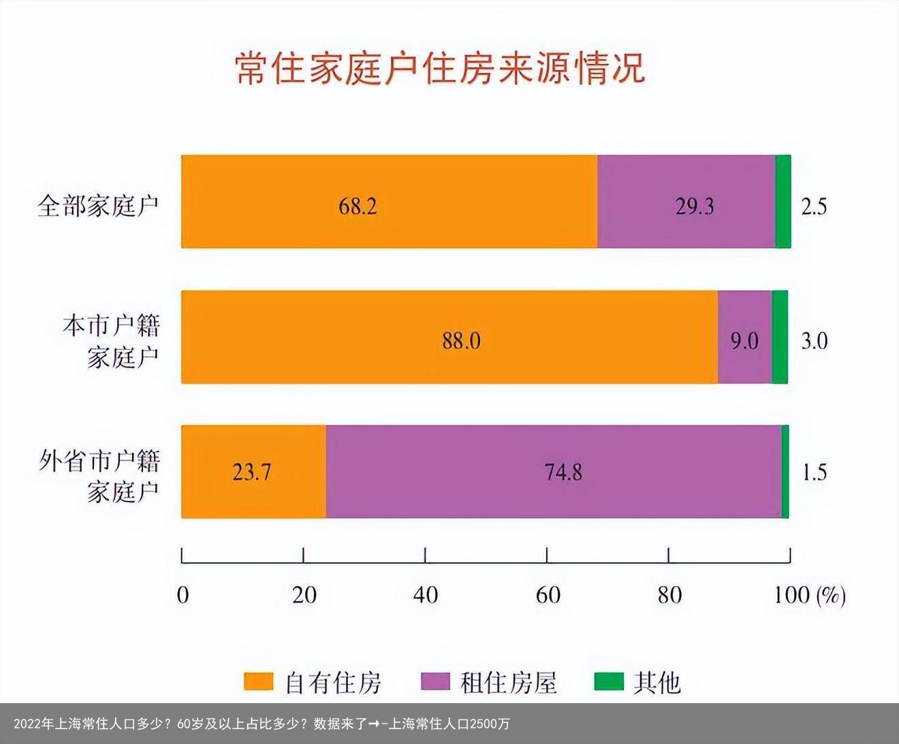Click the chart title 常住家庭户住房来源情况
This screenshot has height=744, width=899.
[x=440, y=69]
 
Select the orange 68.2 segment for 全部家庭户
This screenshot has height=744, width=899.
[x=389, y=202]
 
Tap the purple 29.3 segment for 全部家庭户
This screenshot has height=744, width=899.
[x=687, y=202]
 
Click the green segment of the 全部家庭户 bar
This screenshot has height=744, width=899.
[x=783, y=202]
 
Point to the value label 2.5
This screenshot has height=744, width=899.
[x=813, y=206]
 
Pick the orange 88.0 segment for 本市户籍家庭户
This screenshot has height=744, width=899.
[x=449, y=337]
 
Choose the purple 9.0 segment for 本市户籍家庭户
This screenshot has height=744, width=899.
[x=744, y=337]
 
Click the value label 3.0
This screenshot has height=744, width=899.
[x=814, y=340]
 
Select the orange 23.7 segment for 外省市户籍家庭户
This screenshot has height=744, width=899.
[x=253, y=471]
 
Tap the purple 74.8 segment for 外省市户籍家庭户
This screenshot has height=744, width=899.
[x=553, y=471]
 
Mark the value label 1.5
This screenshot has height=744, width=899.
[x=814, y=472]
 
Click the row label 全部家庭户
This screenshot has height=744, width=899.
[x=98, y=205]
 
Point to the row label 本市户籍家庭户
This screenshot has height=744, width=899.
[x=111, y=341]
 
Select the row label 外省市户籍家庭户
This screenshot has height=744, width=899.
[x=99, y=475]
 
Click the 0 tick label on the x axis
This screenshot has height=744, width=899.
[x=183, y=595]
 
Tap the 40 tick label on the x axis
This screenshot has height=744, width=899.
[x=425, y=595]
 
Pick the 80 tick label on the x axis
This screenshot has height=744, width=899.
[x=669, y=595]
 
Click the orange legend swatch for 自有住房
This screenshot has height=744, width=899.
[x=258, y=682]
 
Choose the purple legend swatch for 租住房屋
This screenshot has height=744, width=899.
[x=436, y=682]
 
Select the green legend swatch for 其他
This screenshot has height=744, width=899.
[x=609, y=682]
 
